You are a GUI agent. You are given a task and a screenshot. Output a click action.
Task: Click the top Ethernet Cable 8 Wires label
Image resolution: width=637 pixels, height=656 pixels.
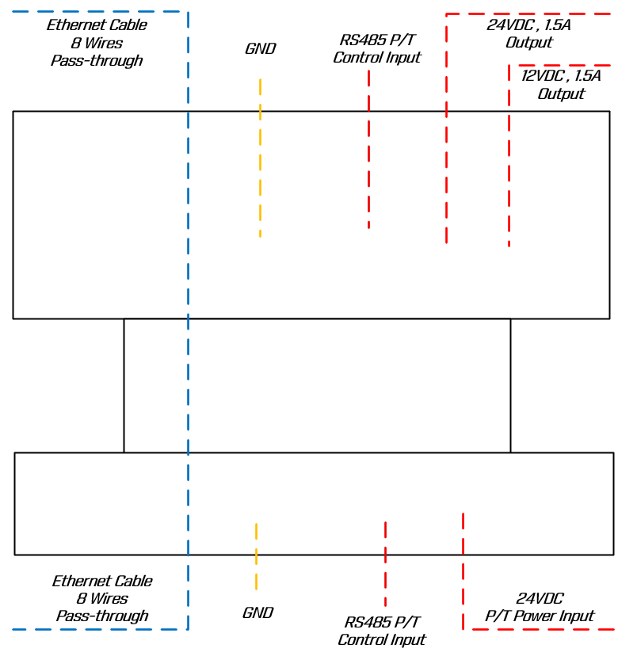[97, 43]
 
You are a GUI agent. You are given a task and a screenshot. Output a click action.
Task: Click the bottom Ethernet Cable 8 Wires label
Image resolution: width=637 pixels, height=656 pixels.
[101, 598]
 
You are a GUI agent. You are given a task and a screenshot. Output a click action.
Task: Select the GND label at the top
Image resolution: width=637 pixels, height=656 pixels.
[260, 49]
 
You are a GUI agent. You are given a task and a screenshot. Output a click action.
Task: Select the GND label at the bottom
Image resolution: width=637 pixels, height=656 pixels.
[257, 612]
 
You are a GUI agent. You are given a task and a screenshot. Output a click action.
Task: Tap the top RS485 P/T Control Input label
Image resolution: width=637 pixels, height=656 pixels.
[377, 49]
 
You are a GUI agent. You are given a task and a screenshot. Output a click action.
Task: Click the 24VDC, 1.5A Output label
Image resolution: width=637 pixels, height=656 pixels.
[528, 33]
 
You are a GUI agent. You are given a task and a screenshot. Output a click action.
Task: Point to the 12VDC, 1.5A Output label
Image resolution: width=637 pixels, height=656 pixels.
[561, 85]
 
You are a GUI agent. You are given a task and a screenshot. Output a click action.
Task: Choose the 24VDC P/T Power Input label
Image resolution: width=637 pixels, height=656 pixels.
[540, 608]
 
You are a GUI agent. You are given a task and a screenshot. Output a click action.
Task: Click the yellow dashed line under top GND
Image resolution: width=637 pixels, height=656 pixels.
[260, 158]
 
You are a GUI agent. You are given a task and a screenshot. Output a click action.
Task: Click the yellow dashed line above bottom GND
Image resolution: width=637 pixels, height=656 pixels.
[256, 556]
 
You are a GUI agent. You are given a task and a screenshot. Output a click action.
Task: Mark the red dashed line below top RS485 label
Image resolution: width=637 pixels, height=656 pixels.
[368, 151]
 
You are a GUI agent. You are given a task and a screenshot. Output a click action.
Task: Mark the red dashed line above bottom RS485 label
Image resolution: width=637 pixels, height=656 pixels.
[385, 563]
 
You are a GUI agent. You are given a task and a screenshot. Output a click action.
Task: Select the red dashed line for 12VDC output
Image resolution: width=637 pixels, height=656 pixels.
[509, 158]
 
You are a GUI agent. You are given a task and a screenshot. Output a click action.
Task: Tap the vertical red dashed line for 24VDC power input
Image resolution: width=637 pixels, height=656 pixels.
[463, 570]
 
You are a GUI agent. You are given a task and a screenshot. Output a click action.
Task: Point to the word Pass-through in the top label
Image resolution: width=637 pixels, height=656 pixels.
[97, 61]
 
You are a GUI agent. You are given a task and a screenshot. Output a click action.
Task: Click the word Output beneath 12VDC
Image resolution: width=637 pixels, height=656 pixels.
[561, 93]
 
